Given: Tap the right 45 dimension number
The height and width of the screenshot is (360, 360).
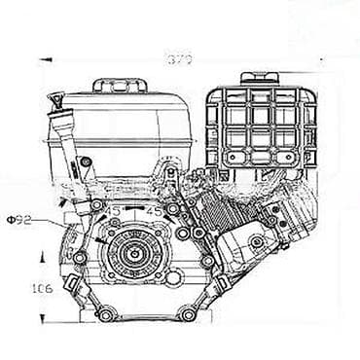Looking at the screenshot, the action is click(x=153, y=211).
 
